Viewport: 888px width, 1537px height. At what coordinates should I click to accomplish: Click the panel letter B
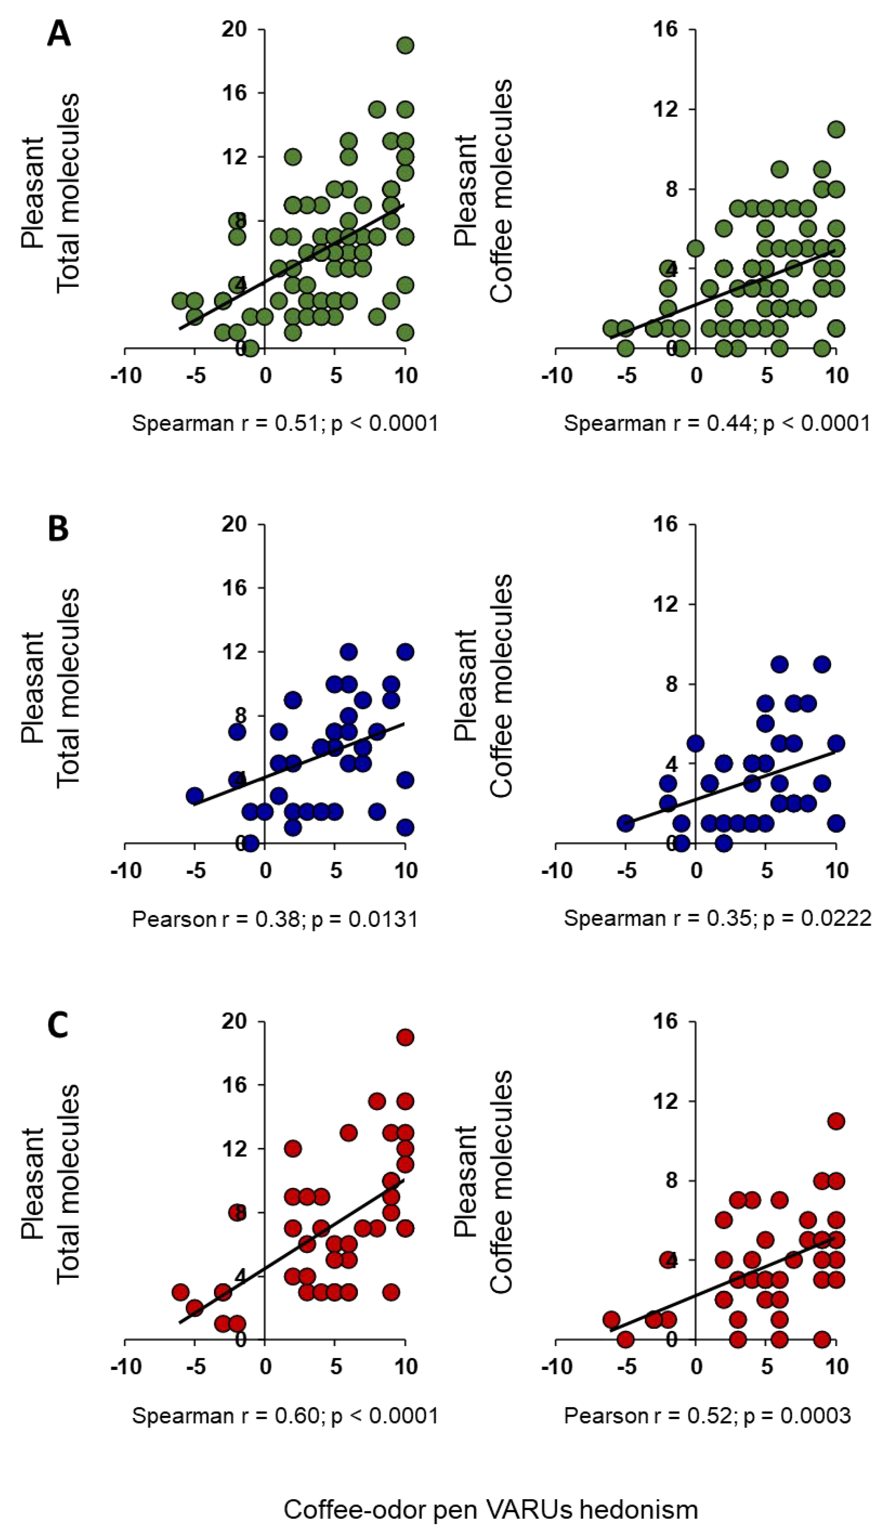click(58, 529)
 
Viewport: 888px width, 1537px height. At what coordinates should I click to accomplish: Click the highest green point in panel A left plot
click(405, 45)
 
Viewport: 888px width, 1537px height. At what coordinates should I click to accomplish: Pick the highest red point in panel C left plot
click(405, 1037)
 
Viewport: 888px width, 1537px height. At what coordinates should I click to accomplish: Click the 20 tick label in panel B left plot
click(238, 524)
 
